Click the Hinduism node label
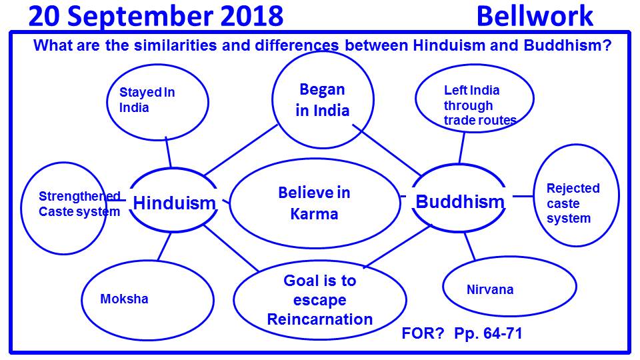click(174, 203)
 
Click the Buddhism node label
click(460, 201)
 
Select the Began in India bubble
click(323, 99)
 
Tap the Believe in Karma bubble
click(314, 203)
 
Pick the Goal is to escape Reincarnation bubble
click(320, 299)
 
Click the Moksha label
click(124, 299)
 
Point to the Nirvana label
click(490, 289)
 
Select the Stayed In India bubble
click(157, 102)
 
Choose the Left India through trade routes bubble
click(474, 99)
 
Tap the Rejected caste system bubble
click(576, 195)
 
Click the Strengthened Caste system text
click(79, 204)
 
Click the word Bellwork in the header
click(535, 16)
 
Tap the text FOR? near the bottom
click(423, 333)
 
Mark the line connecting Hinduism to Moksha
click(165, 247)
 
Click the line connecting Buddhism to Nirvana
click(470, 247)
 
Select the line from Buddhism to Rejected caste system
click(523, 196)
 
